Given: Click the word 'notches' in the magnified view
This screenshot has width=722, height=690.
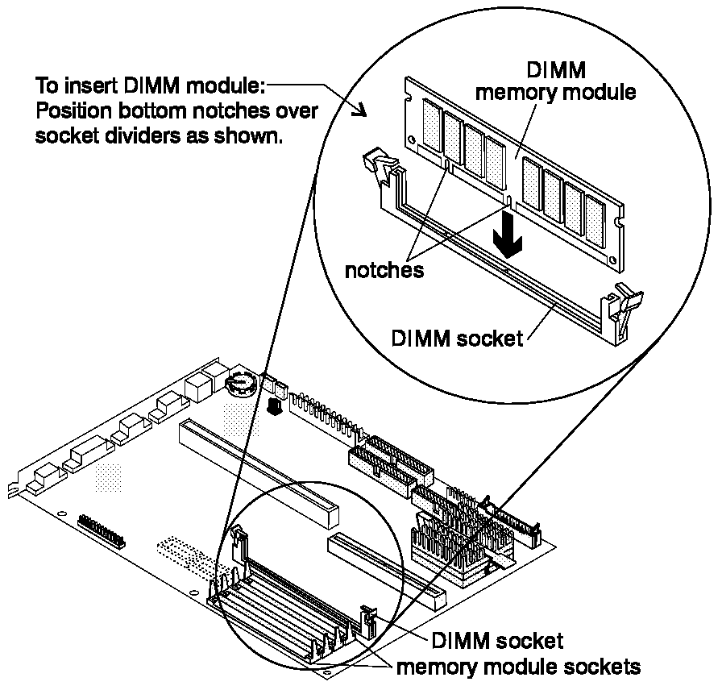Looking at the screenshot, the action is (x=384, y=270).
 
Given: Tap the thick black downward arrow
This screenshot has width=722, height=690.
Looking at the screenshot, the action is (x=508, y=235).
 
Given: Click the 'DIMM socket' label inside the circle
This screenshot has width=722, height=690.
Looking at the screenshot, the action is (x=457, y=339).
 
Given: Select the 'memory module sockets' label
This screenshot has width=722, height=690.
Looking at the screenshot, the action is (x=518, y=667).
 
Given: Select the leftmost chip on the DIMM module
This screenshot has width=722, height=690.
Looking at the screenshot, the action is (x=431, y=124).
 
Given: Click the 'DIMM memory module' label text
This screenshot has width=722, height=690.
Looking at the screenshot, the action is (x=555, y=81).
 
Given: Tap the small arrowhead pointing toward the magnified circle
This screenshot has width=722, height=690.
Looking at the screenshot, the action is (x=359, y=110).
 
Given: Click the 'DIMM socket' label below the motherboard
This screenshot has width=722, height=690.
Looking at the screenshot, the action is (x=497, y=641).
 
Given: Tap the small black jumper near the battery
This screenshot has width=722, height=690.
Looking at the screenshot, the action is (x=275, y=406).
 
